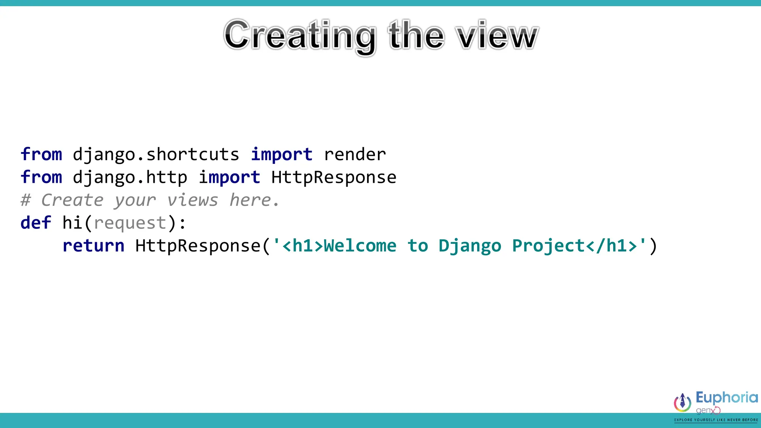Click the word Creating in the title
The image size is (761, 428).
click(x=299, y=36)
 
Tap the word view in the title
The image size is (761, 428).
click(x=498, y=36)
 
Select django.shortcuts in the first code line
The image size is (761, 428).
click(x=156, y=155)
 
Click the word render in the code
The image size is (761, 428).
click(x=355, y=155)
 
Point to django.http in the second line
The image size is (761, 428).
click(x=130, y=178)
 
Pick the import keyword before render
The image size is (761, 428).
click(x=282, y=155)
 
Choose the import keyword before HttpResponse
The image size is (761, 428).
click(x=229, y=178)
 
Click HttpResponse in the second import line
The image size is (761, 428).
click(x=334, y=178)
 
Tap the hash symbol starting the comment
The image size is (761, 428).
click(x=25, y=201)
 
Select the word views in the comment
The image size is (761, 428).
click(x=192, y=201)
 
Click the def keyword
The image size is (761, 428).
click(x=36, y=223)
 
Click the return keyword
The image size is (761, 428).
click(x=93, y=246)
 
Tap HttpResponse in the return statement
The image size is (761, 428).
click(x=198, y=246)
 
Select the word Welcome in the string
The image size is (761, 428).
click(x=360, y=246)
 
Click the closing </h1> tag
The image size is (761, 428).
click(x=611, y=246)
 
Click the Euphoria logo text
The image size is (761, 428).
click(x=726, y=398)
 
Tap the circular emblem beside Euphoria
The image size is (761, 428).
click(x=683, y=402)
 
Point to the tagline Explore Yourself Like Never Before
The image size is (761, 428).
click(x=716, y=420)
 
